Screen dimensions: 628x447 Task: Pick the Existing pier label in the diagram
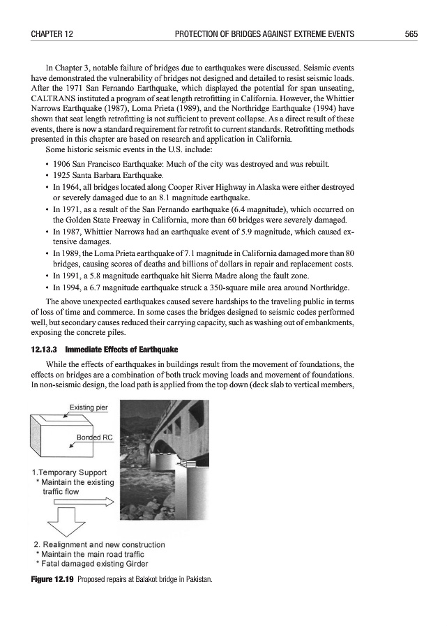(88, 407)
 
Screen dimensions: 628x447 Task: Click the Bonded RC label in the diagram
(94, 438)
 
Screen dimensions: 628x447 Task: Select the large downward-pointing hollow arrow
(59, 522)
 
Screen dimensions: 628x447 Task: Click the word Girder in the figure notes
(134, 564)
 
